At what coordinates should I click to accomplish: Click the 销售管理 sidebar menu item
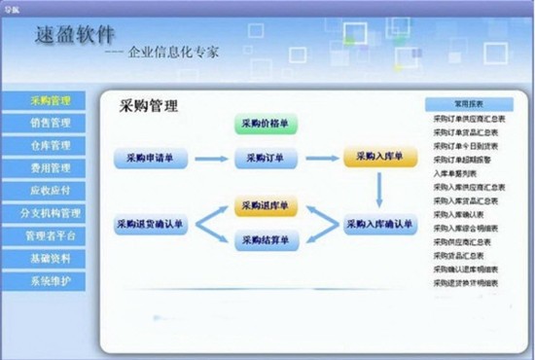click(x=51, y=124)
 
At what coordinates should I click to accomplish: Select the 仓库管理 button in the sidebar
click(x=51, y=146)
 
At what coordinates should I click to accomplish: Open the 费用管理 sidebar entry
click(x=51, y=168)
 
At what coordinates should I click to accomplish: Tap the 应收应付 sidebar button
click(x=51, y=191)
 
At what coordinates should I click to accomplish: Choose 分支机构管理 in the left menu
click(x=51, y=213)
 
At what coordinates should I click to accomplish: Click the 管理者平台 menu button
click(x=51, y=235)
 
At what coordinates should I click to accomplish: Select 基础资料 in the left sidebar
click(x=51, y=259)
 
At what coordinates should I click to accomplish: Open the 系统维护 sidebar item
click(x=51, y=281)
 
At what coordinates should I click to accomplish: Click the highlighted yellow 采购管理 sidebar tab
click(x=51, y=100)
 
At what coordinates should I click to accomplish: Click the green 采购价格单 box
click(x=266, y=125)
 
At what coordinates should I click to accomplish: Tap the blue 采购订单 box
click(x=266, y=158)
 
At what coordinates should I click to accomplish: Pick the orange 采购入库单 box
click(x=379, y=156)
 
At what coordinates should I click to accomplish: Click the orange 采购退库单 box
click(x=266, y=207)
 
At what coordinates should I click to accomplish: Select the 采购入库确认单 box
click(x=379, y=224)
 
